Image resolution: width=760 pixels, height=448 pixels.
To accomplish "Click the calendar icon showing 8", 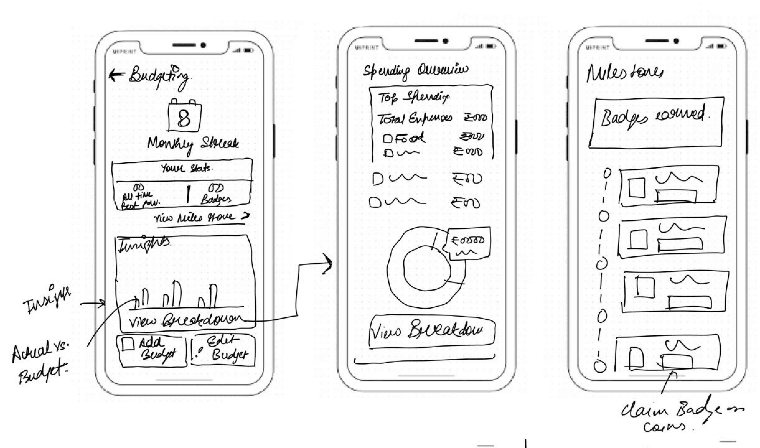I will coord(184,116).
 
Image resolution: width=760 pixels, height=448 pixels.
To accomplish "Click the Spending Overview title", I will coord(415,71).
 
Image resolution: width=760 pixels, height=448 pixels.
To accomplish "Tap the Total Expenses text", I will coord(414,118).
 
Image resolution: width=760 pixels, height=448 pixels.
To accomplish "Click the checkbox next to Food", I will coord(387,139).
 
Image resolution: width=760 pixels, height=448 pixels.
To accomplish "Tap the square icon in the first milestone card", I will coord(637,188).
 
